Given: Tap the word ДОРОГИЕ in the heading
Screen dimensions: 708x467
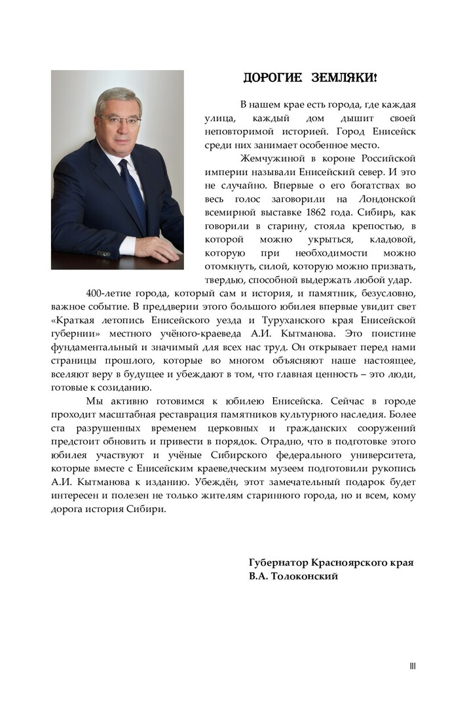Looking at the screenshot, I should [272, 78].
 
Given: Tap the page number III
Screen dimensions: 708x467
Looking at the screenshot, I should [413, 666].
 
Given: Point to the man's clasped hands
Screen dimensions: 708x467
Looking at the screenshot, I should [154, 247].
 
